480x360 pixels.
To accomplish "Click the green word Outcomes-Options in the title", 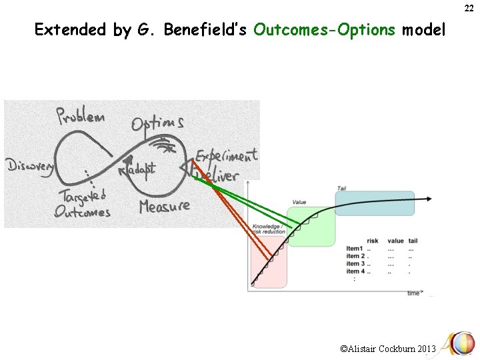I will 325,29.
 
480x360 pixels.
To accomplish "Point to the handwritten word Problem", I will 81,118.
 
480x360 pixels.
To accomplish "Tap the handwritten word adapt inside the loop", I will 140,169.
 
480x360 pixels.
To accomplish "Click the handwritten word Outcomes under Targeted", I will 83,211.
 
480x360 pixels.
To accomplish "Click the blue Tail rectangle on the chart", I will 383,203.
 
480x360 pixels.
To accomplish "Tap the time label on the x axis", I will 413,292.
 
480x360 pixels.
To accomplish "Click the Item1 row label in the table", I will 355,249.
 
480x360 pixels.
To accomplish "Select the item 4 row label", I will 355,271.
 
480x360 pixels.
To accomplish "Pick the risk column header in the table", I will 373,241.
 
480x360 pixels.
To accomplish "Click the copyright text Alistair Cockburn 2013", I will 388,349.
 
